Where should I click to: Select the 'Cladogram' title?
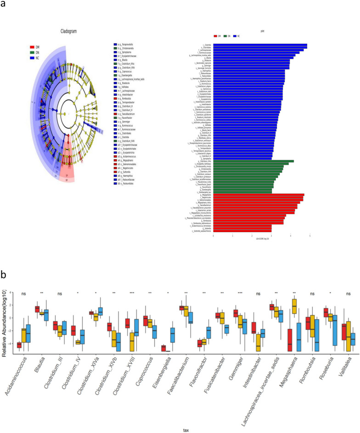click(x=69, y=32)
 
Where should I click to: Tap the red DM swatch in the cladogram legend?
click(x=32, y=46)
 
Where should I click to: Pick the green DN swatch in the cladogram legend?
click(x=32, y=52)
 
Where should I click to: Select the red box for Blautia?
click(x=37, y=309)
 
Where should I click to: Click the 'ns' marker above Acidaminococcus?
click(x=19, y=293)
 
